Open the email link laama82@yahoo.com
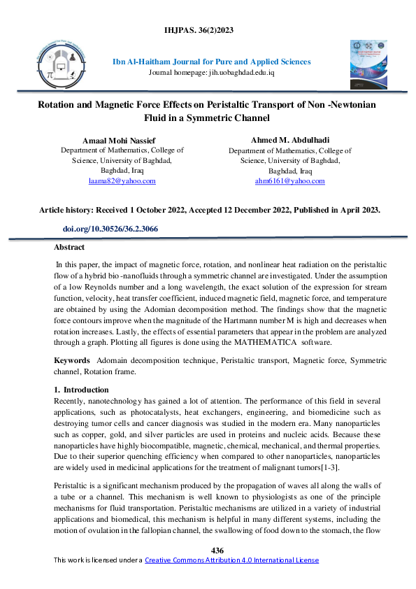coord(122,180)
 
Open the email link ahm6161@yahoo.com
coord(289,181)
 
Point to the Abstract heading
coord(69,247)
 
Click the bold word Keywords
coord(72,360)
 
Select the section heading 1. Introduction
coord(81,390)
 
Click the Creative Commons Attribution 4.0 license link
coord(231,560)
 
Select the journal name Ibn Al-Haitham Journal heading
coord(212,62)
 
